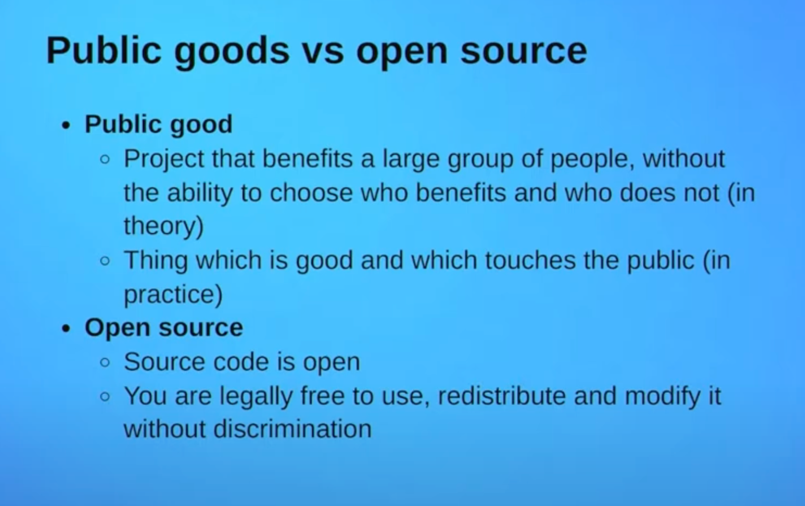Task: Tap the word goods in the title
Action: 232,52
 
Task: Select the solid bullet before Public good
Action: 66,126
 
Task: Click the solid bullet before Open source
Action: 66,329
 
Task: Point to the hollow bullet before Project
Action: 105,159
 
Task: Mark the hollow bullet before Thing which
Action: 105,261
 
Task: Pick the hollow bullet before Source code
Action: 105,363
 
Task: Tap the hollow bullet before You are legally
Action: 105,396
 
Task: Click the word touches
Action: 530,260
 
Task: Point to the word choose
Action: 311,193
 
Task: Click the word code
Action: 241,362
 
